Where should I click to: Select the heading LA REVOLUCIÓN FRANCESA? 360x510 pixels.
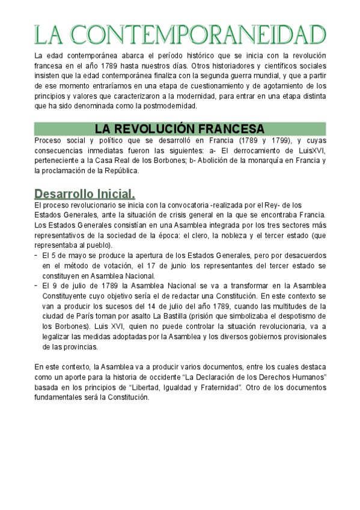pyautogui.click(x=180, y=129)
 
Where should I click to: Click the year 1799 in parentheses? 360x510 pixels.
pyautogui.click(x=272, y=141)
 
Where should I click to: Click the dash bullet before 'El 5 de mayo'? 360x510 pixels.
pyautogui.click(x=37, y=255)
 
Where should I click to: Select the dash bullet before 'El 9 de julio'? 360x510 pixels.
pyautogui.click(x=37, y=286)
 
